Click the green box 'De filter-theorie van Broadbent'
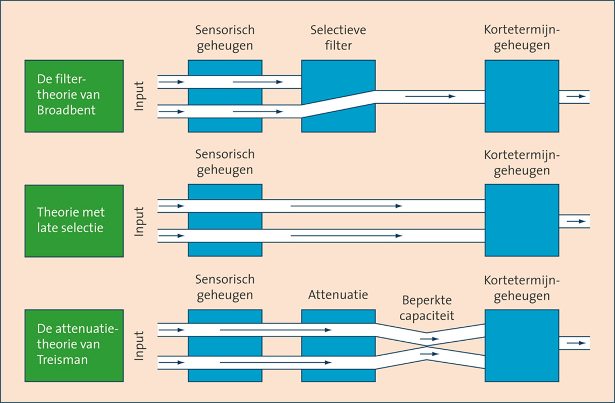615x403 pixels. point(74,96)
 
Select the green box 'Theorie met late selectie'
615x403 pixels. point(74,221)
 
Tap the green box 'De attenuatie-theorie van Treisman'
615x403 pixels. point(74,346)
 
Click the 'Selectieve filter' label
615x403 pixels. point(338,38)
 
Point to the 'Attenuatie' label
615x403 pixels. point(338,295)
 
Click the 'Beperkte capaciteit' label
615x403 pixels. point(428,307)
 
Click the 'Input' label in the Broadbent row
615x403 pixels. point(140,97)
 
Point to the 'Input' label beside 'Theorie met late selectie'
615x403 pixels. point(140,221)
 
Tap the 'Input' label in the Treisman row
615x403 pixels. point(140,346)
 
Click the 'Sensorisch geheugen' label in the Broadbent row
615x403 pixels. point(225,38)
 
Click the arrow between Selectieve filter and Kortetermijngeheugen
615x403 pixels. point(430,96)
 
